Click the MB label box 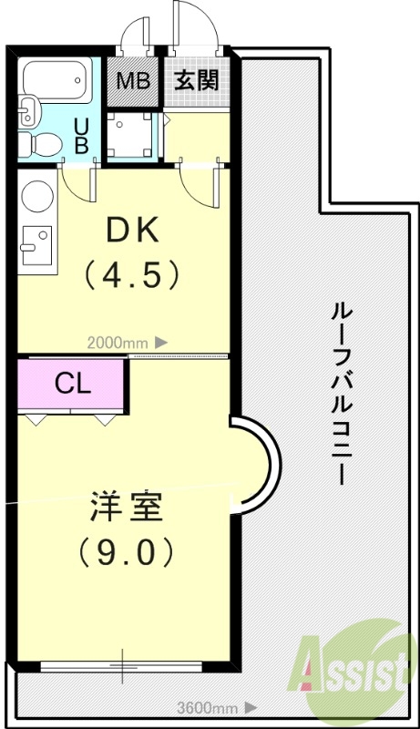pyautogui.click(x=133, y=80)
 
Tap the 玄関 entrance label pyautogui.click(x=196, y=80)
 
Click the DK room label pyautogui.click(x=133, y=231)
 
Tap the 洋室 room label pyautogui.click(x=126, y=507)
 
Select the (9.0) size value pyautogui.click(x=126, y=549)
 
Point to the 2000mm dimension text pyautogui.click(x=117, y=343)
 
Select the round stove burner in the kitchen pyautogui.click(x=36, y=195)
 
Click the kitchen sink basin pyautogui.click(x=37, y=242)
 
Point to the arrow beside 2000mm pyautogui.click(x=161, y=343)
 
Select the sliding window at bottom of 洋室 pyautogui.click(x=123, y=666)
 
